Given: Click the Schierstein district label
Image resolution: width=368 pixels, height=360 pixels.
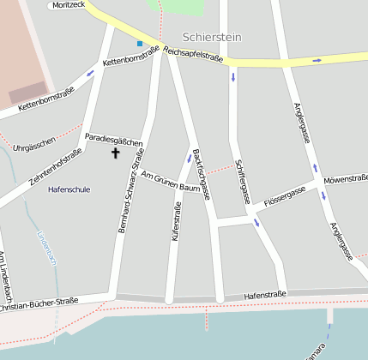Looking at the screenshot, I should (212, 38).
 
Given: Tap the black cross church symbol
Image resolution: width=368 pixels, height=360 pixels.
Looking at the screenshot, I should (116, 153).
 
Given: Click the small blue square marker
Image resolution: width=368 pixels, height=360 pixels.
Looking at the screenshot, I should (140, 43).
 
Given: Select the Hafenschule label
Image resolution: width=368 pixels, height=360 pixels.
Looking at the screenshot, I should (69, 189).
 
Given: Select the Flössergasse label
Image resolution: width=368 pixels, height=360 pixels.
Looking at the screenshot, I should (285, 195).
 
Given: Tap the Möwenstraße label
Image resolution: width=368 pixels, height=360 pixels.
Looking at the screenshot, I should (346, 178).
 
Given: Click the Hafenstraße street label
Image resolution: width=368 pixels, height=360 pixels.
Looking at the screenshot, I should (265, 294).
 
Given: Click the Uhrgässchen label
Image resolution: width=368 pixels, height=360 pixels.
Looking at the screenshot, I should (35, 140).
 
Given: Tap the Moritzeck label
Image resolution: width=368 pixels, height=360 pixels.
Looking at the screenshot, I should (69, 5).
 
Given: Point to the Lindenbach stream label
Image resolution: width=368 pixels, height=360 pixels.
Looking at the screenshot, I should (46, 249).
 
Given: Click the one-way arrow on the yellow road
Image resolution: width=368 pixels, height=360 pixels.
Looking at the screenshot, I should (317, 60).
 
